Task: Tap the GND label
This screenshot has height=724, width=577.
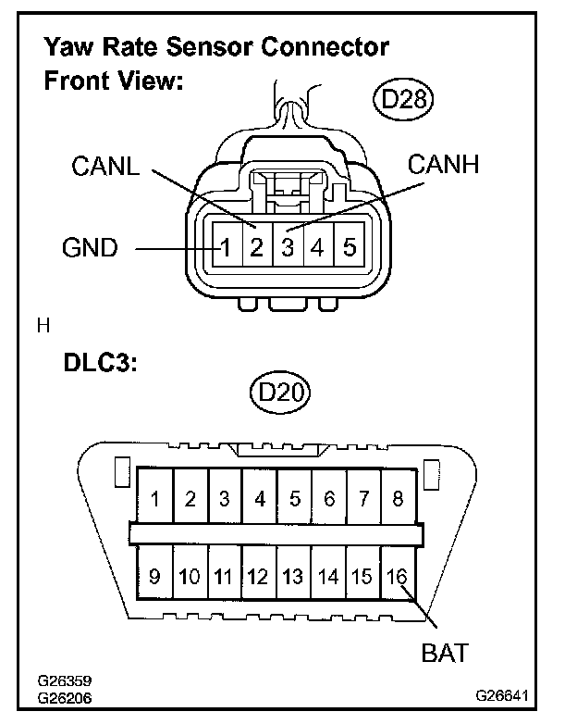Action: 90,248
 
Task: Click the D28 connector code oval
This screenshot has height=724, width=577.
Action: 404,99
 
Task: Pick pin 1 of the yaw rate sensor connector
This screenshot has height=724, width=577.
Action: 226,248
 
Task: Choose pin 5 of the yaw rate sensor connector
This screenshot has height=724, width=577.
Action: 349,248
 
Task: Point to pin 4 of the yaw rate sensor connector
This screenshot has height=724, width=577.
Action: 318,248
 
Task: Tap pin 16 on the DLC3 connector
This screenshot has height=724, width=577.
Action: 398,577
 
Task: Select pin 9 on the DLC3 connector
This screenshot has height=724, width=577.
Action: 154,577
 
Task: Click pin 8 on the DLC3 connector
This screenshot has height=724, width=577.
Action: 398,499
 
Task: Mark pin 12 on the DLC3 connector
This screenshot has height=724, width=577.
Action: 258,577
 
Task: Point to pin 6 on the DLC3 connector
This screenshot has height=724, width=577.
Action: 328,499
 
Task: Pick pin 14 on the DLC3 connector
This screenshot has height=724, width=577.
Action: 328,577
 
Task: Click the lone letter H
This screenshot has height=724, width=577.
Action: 42,325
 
